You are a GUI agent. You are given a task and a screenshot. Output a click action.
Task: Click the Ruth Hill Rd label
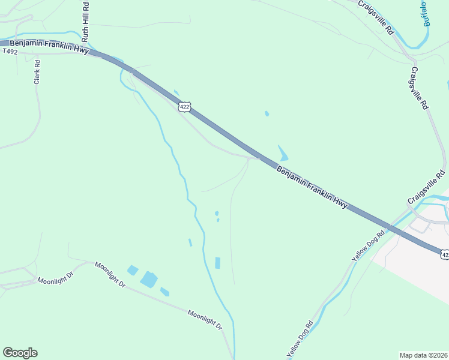(85, 22)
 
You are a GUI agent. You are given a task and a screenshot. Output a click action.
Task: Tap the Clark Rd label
(37, 71)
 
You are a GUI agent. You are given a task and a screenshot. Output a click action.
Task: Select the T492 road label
(10, 52)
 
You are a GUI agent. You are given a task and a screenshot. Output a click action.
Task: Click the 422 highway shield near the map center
(184, 107)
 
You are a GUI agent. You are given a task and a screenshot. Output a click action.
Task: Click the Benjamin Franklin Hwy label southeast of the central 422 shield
(312, 187)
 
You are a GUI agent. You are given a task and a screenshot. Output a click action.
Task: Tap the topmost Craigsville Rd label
(375, 16)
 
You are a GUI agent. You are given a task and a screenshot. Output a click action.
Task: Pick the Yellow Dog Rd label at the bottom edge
(300, 340)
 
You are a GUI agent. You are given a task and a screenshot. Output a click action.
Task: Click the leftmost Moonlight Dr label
(55, 280)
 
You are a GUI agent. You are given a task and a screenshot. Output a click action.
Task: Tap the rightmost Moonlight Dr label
(204, 319)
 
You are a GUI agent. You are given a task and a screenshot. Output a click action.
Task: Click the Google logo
(20, 353)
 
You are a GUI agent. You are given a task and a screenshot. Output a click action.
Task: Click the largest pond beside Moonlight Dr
(148, 279)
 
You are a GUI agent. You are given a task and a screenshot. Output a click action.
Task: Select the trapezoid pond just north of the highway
(282, 153)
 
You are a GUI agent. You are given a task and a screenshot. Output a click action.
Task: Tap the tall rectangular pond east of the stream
(217, 262)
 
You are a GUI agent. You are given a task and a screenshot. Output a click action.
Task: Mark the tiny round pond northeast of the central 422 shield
(267, 113)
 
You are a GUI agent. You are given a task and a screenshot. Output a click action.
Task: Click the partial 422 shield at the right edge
(444, 254)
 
